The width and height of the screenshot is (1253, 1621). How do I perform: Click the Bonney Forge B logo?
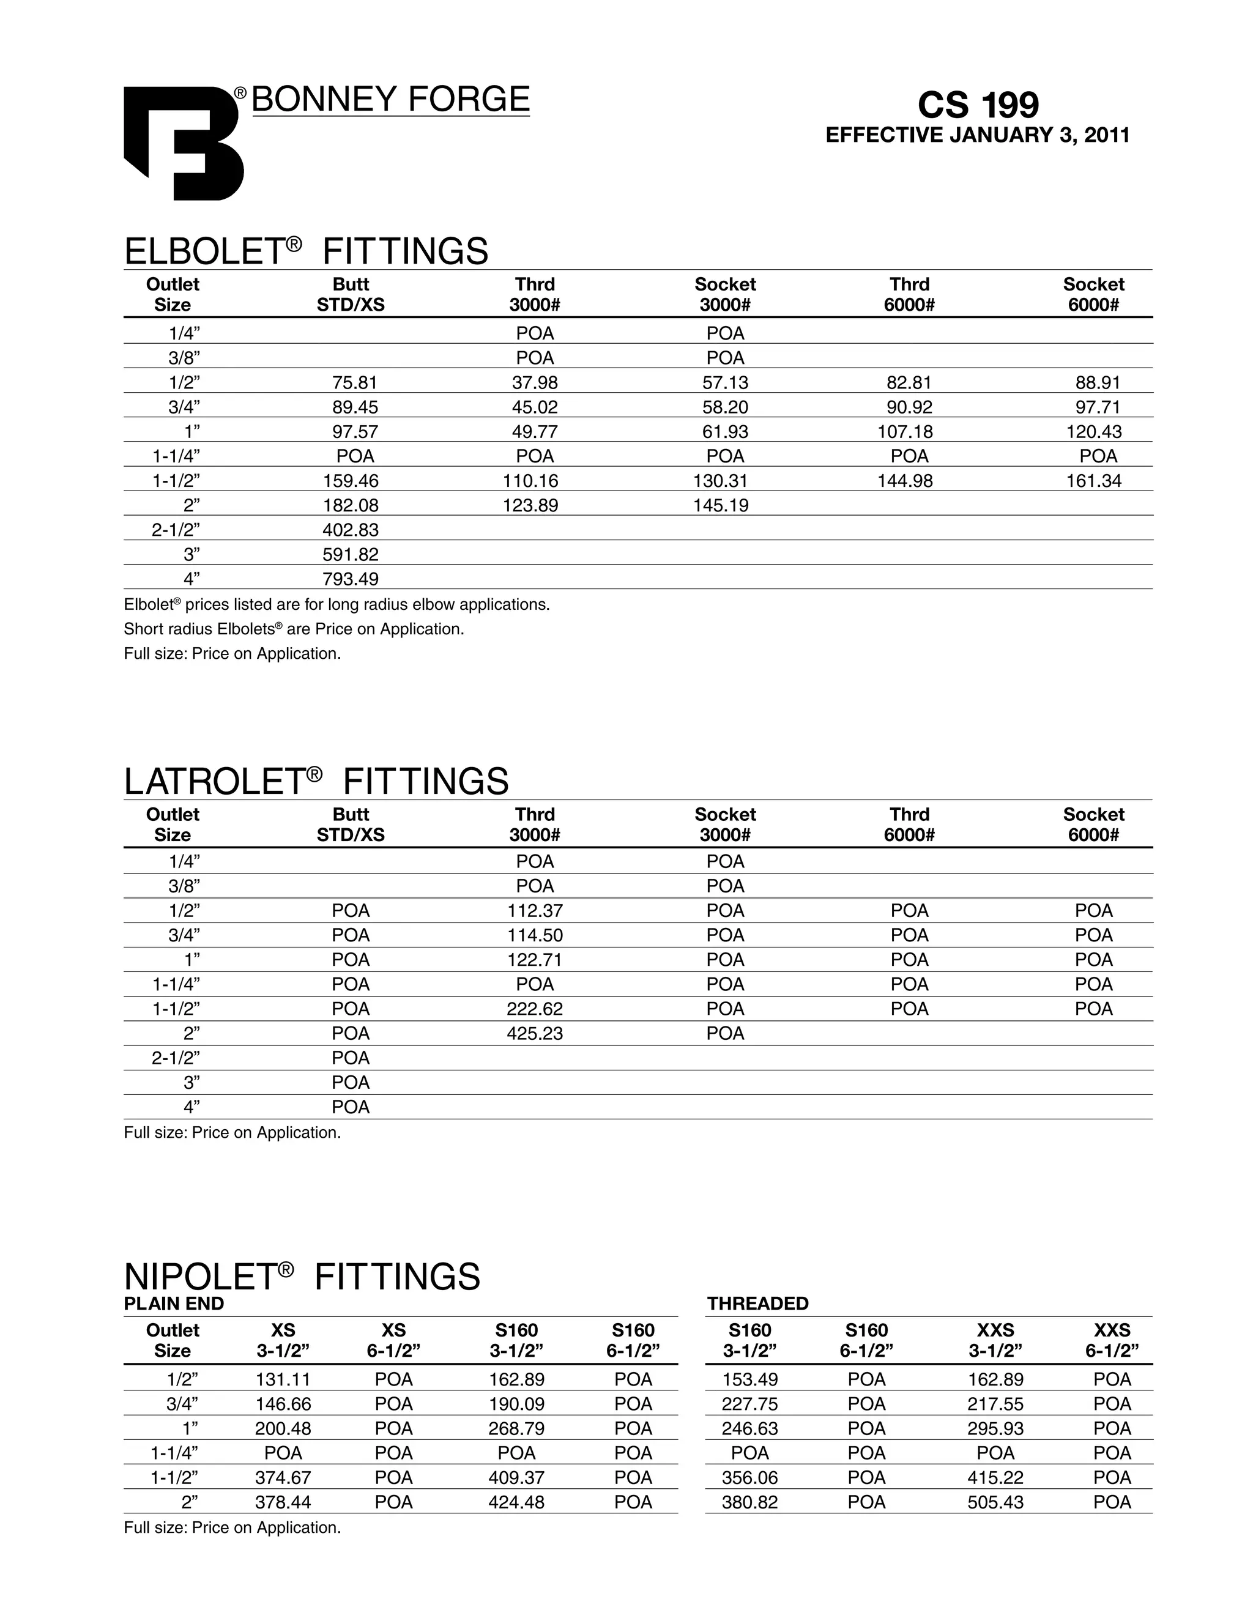(x=184, y=143)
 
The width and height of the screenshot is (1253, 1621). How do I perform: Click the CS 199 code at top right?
(x=978, y=105)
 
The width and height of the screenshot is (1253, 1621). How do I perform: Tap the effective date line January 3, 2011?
(x=978, y=135)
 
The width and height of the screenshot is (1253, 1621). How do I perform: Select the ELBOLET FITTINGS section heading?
(x=306, y=251)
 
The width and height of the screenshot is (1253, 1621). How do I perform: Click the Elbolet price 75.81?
(x=351, y=382)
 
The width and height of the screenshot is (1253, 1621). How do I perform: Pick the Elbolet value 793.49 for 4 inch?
(x=351, y=578)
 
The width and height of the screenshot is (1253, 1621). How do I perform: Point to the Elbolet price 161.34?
(x=1093, y=480)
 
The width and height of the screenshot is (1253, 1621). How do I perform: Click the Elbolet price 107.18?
(x=909, y=431)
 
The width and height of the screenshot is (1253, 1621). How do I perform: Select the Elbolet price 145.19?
(x=721, y=505)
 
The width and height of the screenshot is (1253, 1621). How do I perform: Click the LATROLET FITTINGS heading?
(x=316, y=782)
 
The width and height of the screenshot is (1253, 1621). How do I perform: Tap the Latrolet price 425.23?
(x=535, y=1033)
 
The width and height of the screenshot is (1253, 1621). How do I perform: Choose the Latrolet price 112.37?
(x=535, y=910)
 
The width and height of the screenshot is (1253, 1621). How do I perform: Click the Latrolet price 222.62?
(x=535, y=1009)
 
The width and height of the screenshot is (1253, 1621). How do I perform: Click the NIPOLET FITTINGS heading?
(x=302, y=1277)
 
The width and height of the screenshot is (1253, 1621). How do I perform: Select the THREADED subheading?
(x=757, y=1304)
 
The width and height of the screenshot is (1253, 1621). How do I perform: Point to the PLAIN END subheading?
(x=174, y=1304)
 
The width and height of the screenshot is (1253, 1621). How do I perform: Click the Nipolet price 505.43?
(x=995, y=1502)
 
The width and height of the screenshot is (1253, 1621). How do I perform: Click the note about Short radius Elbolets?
(x=293, y=629)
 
